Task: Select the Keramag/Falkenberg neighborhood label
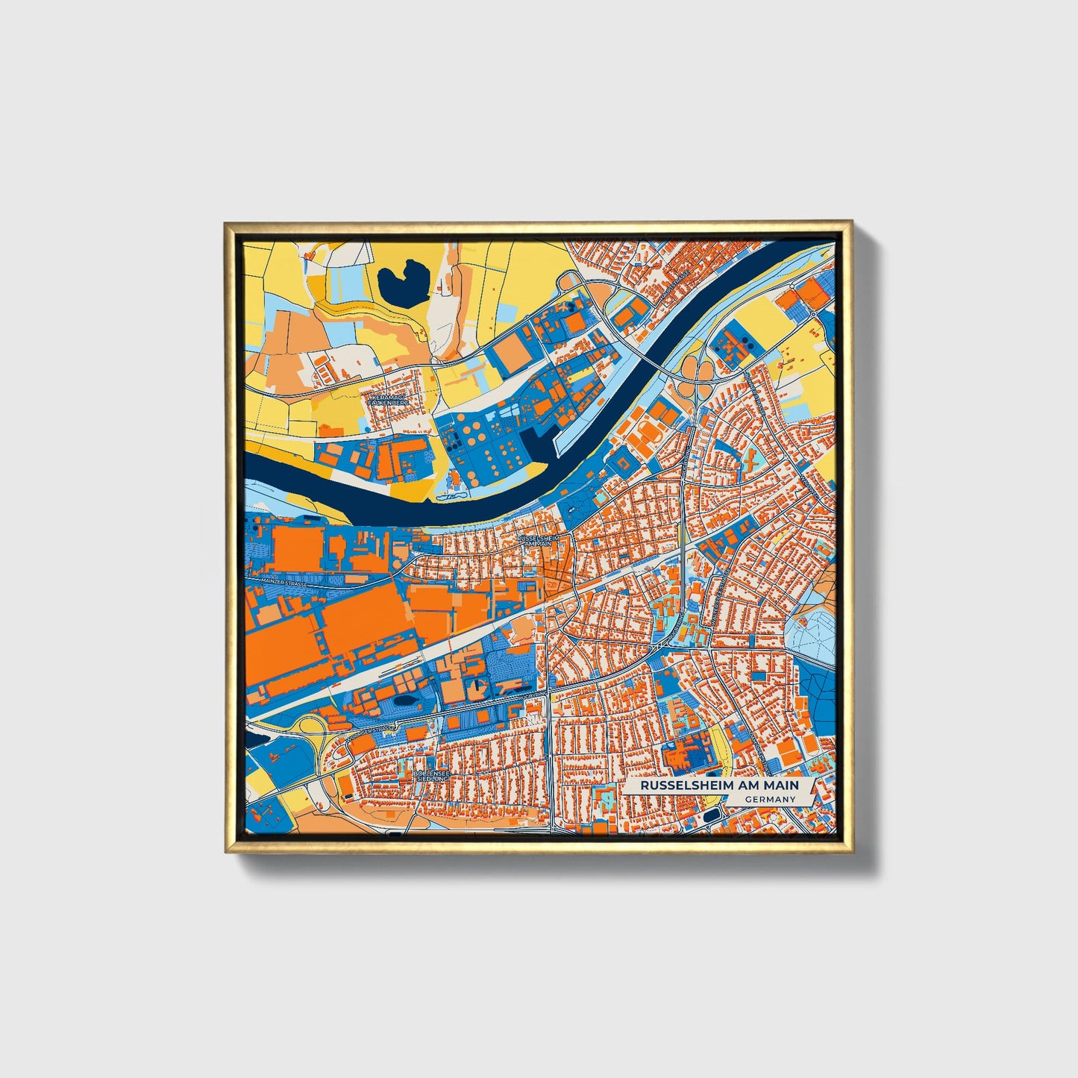(389, 400)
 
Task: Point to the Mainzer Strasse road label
(284, 583)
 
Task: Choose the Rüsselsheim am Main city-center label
(537, 540)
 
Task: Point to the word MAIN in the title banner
(782, 786)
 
